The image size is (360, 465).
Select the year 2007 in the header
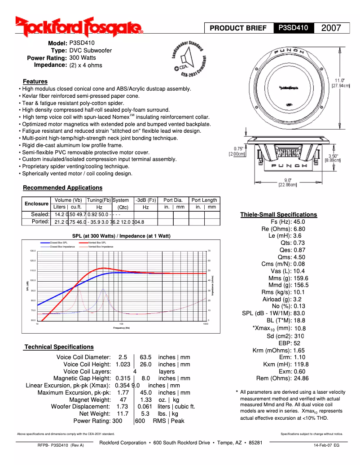[x=331, y=28]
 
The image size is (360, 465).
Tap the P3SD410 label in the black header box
[x=293, y=28]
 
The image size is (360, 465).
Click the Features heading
[x=35, y=82]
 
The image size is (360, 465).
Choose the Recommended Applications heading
[x=62, y=188]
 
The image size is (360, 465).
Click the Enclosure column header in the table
[x=36, y=204]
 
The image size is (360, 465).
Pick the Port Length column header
[x=204, y=200]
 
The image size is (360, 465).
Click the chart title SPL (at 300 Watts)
[x=121, y=236]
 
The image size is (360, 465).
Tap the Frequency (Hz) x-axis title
[x=121, y=328]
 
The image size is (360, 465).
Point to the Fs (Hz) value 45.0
[x=299, y=222]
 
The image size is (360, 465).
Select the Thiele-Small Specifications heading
[x=278, y=215]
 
